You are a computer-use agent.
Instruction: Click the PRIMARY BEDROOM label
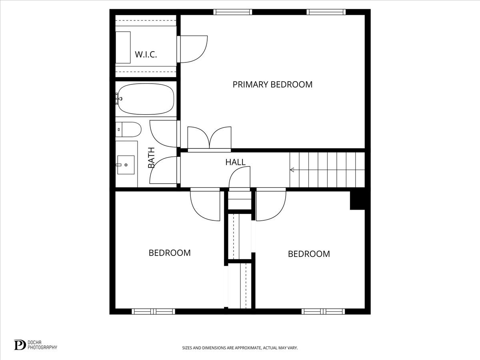click(272, 84)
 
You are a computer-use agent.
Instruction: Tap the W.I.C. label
click(146, 54)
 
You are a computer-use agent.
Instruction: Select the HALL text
click(235, 162)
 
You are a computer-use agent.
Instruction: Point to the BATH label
click(151, 158)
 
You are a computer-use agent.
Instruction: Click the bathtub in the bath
click(146, 98)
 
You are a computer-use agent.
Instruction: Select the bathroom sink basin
click(126, 164)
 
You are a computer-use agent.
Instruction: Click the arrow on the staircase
click(292, 170)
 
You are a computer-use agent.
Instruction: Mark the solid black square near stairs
click(357, 200)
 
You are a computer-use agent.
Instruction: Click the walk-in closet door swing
click(193, 49)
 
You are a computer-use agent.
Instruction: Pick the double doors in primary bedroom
click(209, 139)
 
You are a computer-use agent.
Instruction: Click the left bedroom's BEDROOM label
click(170, 253)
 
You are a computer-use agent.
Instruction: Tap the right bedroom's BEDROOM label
click(309, 254)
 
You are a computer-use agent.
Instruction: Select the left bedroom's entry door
click(206, 205)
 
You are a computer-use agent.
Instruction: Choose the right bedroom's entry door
click(270, 205)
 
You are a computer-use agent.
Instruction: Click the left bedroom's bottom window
click(154, 311)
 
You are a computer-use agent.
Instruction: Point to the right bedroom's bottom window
click(323, 311)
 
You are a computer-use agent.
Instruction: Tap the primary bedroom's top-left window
click(233, 12)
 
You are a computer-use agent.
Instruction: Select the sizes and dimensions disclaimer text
click(240, 348)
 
